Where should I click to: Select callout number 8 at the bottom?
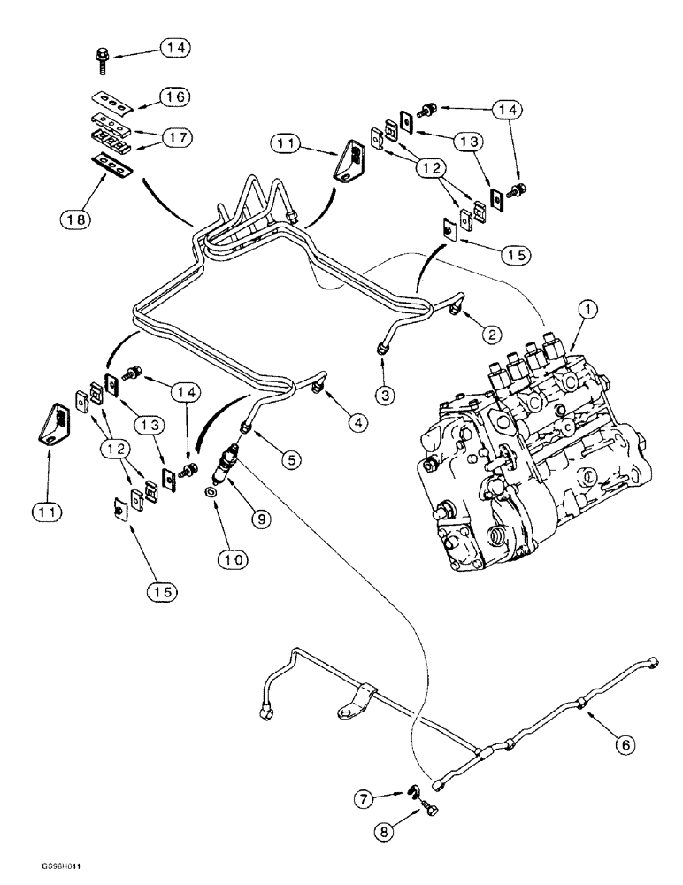pos(388,833)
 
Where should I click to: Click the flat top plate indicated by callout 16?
pos(111,99)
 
